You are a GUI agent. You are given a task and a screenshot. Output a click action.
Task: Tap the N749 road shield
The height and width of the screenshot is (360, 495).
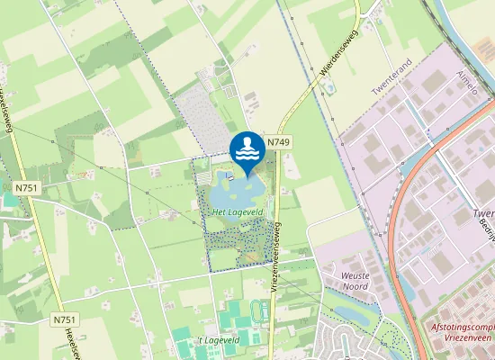(x=278, y=142)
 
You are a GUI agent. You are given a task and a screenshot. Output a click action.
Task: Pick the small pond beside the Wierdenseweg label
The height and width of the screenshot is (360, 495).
(x=330, y=88)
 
